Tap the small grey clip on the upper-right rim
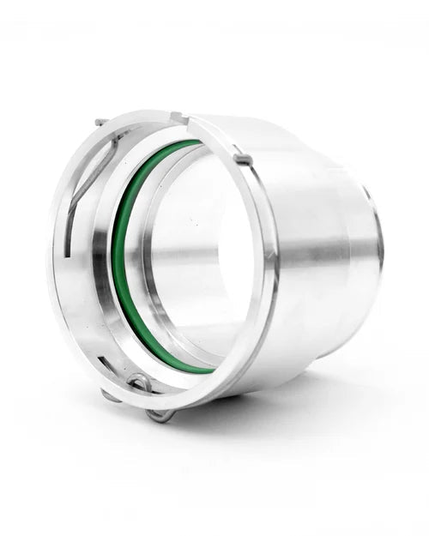pos(243,159)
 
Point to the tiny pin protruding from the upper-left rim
pos(100,122)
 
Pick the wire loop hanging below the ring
pos(160,415)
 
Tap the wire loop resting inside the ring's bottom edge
pos(137,383)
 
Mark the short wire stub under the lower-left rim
pos(106,394)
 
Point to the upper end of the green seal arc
pos(193,142)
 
